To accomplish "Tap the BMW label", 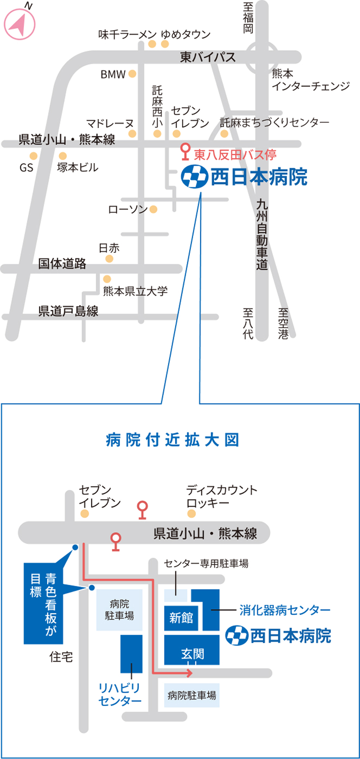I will [112, 75].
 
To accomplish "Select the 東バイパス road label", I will [208, 58].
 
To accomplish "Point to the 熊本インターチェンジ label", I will [310, 80].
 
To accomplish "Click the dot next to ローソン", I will [153, 209].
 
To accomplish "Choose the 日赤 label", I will [109, 248].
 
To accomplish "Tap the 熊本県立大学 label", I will [135, 291].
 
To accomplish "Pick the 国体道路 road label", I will [63, 264].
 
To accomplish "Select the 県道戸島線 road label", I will [68, 311].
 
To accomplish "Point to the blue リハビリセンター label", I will [120, 694].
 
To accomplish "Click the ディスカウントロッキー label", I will [222, 497].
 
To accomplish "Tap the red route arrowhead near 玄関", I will [189, 673].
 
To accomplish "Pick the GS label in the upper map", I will [26, 168].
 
